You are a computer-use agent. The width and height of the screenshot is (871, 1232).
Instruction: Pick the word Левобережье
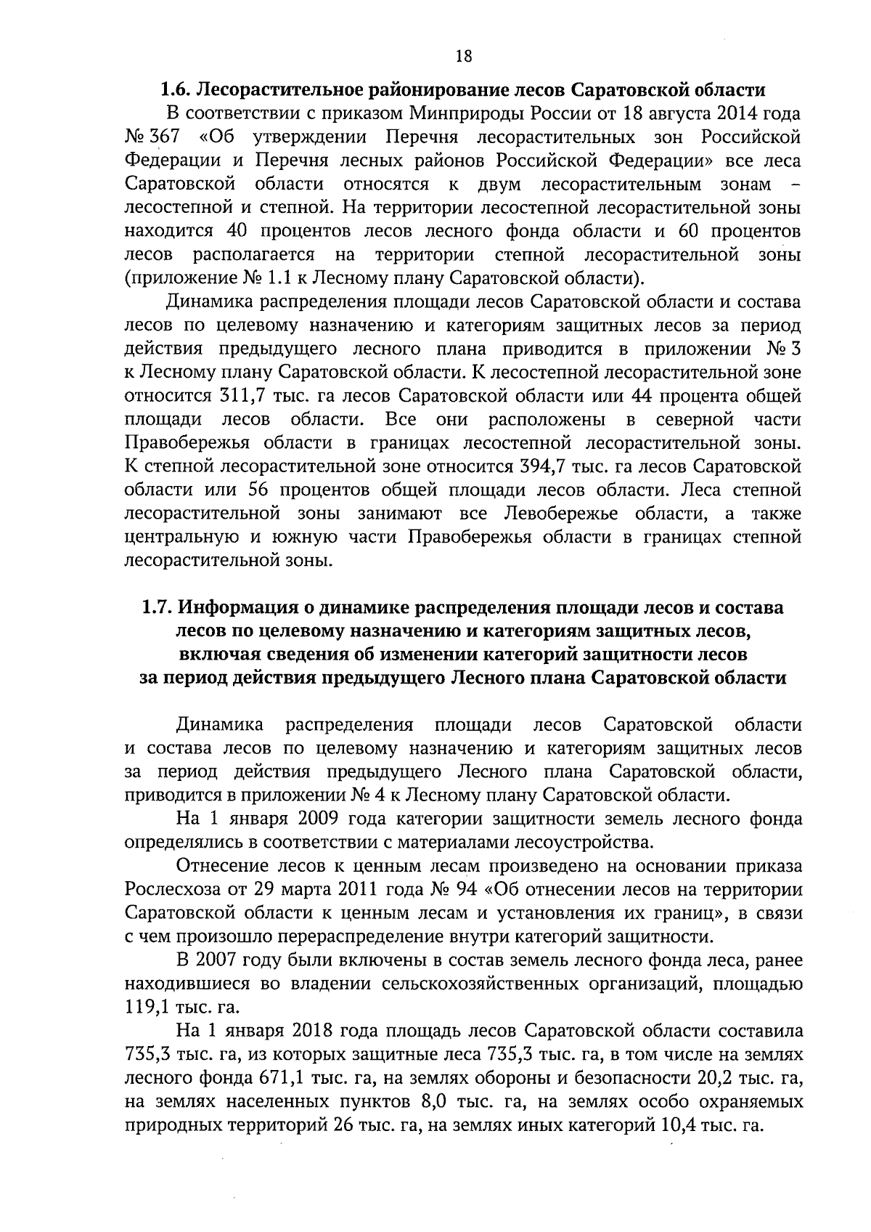tap(560, 514)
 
